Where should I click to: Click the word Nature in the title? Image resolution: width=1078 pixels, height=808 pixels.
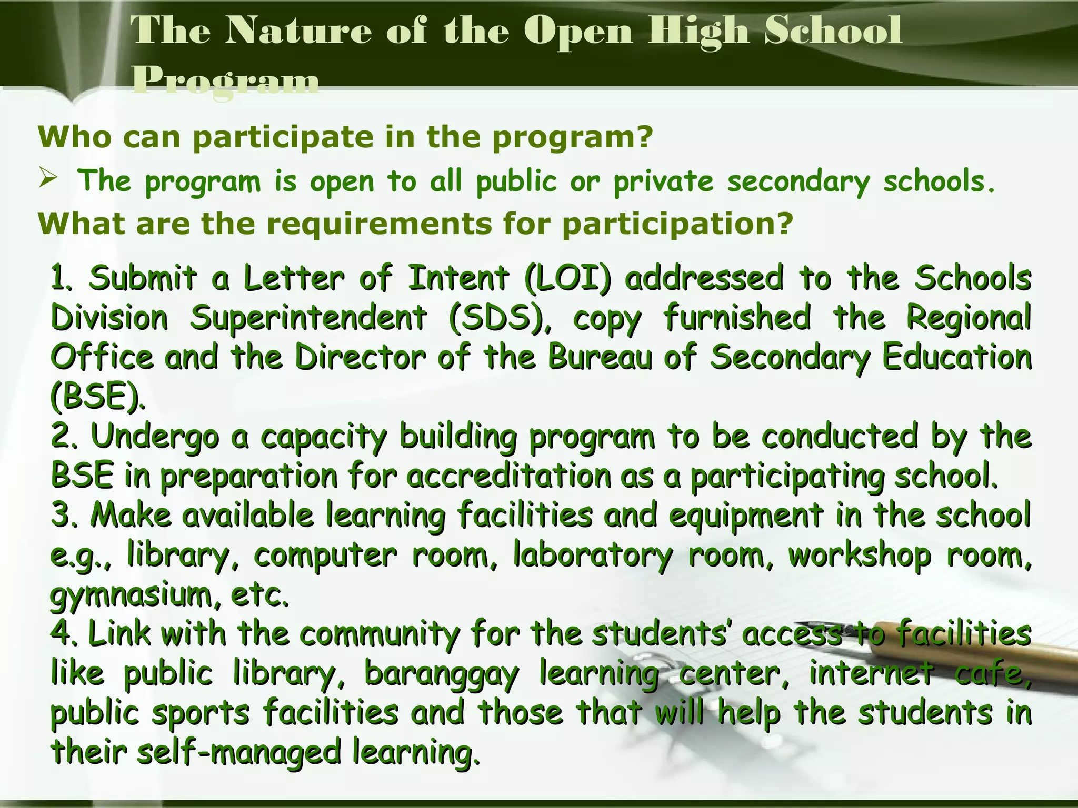tap(298, 31)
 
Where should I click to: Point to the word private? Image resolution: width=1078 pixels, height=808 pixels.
tap(663, 182)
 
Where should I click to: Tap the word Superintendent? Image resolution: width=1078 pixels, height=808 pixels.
tap(308, 318)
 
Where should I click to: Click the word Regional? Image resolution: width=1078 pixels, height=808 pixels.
tap(967, 318)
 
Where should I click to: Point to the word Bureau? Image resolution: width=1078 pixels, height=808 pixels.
tap(600, 357)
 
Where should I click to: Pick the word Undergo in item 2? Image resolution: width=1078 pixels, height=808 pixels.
tap(155, 437)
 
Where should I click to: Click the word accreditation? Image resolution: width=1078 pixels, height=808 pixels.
tap(509, 476)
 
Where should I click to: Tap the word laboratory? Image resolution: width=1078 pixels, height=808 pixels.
tap(593, 555)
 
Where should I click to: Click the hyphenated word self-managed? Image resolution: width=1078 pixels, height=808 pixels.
tap(239, 752)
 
